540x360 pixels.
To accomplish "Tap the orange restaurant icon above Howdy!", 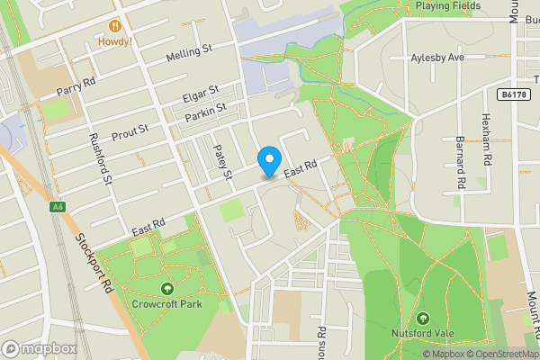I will (x=115, y=26).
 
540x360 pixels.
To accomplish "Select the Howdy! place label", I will (x=115, y=41).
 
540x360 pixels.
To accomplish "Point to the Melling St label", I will (x=189, y=56).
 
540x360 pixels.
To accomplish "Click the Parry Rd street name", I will (x=76, y=86).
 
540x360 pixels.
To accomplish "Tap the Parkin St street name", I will (x=205, y=112).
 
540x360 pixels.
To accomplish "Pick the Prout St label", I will (x=130, y=132).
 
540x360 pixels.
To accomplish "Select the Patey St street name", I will (x=223, y=161).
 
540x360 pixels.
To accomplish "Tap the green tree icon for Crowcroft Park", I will (x=166, y=288).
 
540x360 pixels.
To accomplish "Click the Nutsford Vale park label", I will (x=423, y=334).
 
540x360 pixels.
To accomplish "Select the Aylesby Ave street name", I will (x=436, y=58).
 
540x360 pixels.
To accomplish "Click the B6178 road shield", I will (x=511, y=93).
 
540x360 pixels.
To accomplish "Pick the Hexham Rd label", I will (x=487, y=139).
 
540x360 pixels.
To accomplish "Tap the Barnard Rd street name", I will (x=460, y=163).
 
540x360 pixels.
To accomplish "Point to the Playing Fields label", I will (x=448, y=5).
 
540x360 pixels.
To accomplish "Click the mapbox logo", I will (x=40, y=348).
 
